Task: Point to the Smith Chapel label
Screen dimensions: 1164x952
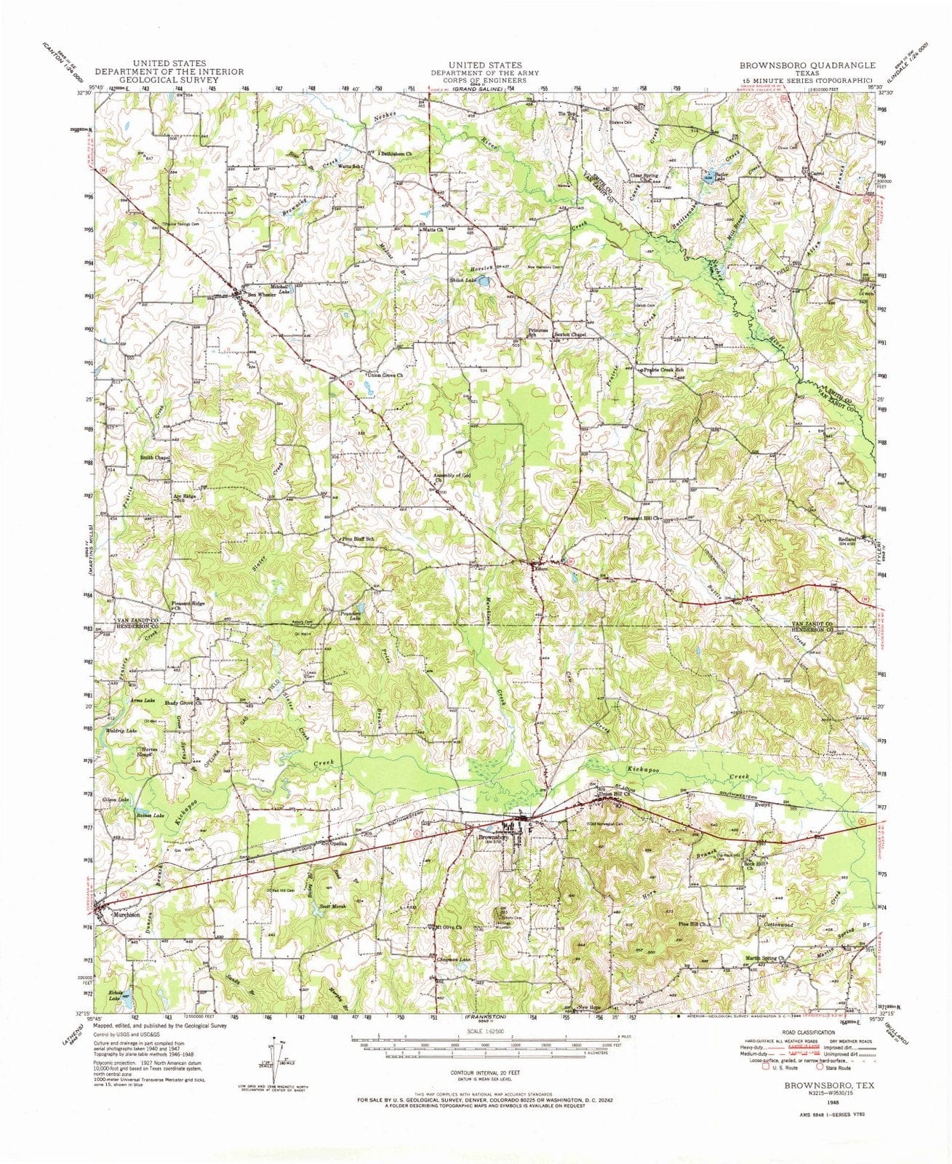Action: coord(154,458)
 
